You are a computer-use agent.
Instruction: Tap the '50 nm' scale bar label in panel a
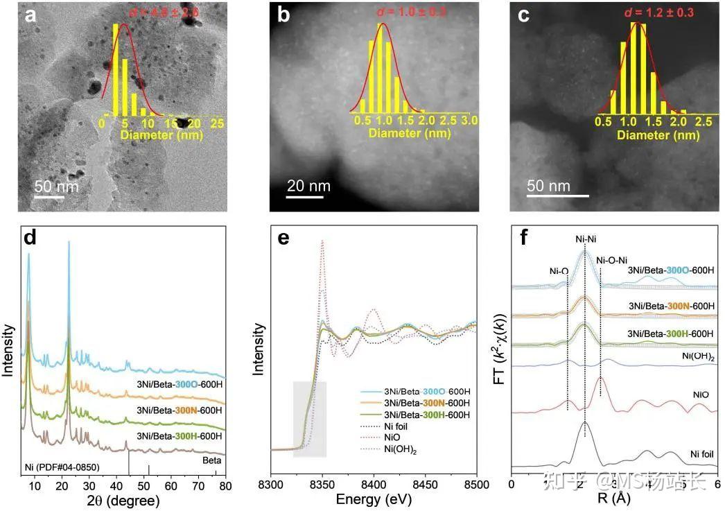(x=57, y=187)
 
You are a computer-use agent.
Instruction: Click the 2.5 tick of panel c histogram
(x=701, y=121)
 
